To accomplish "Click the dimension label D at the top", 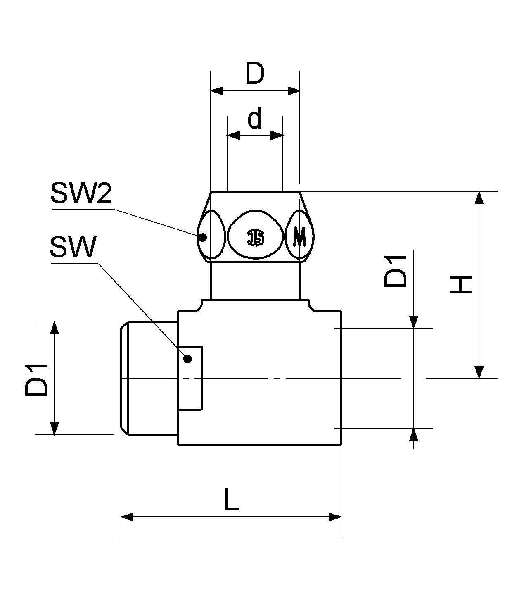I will click(x=254, y=74).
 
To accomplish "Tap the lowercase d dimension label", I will click(x=255, y=119).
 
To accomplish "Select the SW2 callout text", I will click(x=81, y=193).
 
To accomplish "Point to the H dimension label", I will click(x=461, y=285).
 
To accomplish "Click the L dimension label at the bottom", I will click(x=231, y=499).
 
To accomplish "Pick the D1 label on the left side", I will click(x=37, y=379).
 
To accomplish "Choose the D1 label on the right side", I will click(x=395, y=272).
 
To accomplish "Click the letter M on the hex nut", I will click(x=299, y=237).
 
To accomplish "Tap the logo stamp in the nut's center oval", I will click(x=256, y=238).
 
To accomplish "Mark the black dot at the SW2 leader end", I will click(x=202, y=238).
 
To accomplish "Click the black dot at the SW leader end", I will click(x=187, y=359).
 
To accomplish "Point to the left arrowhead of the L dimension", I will click(x=127, y=517).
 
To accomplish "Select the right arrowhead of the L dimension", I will click(x=335, y=517).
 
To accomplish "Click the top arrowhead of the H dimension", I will click(x=479, y=198).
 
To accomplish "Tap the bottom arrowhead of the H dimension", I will click(x=479, y=372).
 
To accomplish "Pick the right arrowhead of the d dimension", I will click(x=277, y=135).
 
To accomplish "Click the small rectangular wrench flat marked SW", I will click(x=190, y=378).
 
